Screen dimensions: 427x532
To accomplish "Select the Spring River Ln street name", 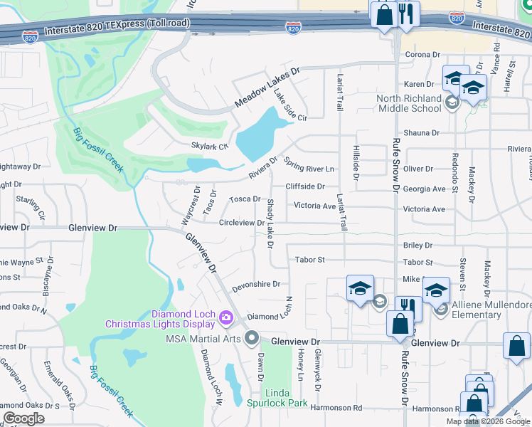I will pyautogui.click(x=309, y=165).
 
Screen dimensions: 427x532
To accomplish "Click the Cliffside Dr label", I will pyautogui.click(x=305, y=186).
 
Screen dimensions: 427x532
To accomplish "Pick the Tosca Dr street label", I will pyautogui.click(x=244, y=199).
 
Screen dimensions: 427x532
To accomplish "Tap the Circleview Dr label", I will pyautogui.click(x=242, y=223).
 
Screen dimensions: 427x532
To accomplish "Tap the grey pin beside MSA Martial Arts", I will pyautogui.click(x=251, y=338).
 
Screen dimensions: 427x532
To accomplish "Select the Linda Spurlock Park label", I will pyautogui.click(x=287, y=398).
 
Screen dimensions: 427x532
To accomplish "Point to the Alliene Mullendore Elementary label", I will pyautogui.click(x=492, y=310).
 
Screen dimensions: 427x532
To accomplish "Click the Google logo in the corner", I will pyautogui.click(x=23, y=418).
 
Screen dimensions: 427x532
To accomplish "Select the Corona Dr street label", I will pyautogui.click(x=423, y=54).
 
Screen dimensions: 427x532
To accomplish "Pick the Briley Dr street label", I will pyautogui.click(x=417, y=245).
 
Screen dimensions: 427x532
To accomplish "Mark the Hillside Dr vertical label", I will pyautogui.click(x=356, y=165).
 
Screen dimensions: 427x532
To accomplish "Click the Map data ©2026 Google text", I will pyautogui.click(x=488, y=421).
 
